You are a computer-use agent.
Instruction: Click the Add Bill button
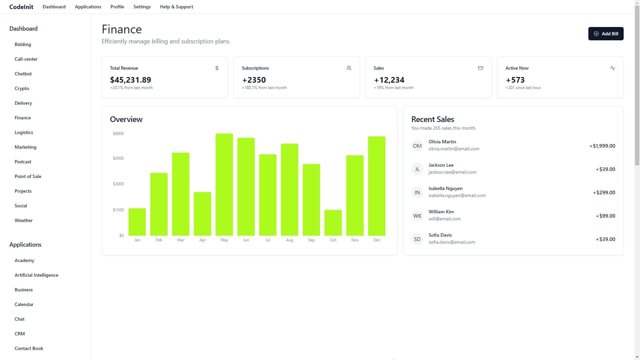(x=606, y=34)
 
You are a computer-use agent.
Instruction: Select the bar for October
(x=333, y=223)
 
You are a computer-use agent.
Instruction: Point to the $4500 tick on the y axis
(x=118, y=158)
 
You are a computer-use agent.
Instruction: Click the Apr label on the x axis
(x=202, y=240)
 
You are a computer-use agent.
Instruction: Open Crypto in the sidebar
(x=22, y=88)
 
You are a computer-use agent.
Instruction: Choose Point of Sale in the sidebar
(x=28, y=176)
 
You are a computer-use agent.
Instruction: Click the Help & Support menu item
(x=176, y=7)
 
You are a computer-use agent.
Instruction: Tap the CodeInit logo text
(x=21, y=7)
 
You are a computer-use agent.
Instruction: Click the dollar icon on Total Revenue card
(x=217, y=68)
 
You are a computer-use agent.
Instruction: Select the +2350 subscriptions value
(x=254, y=80)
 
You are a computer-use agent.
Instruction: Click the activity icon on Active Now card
(x=612, y=68)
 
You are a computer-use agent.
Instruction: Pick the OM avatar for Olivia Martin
(x=417, y=146)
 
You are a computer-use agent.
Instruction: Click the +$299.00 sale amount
(x=604, y=193)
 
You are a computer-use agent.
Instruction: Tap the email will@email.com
(x=444, y=219)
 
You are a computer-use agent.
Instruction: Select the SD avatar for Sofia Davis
(x=417, y=239)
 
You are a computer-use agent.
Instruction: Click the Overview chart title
(x=126, y=119)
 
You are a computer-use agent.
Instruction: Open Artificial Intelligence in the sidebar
(x=36, y=275)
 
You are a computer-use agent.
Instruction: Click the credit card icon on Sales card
(x=480, y=68)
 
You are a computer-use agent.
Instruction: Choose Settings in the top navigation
(x=142, y=7)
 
